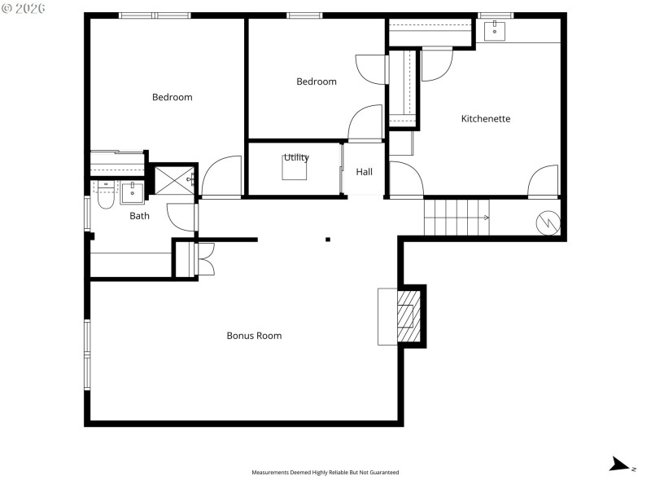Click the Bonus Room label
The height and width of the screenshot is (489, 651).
254,336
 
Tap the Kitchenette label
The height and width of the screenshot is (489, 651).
486,119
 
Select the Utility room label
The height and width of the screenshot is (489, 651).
296,158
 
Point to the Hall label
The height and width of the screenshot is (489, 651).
364,172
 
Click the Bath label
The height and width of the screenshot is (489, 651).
140,216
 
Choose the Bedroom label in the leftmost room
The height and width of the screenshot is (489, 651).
173,98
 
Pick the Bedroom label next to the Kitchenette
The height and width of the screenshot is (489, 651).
316,81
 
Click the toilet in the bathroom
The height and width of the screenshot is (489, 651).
105,196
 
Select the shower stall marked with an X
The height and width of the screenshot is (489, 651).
173,179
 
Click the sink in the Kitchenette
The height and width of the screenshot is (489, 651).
495,31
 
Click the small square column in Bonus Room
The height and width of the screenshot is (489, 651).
328,240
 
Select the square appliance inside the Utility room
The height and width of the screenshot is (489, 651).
295,167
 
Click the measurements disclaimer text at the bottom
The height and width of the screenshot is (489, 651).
325,472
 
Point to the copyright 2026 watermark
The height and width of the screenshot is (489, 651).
24,7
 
